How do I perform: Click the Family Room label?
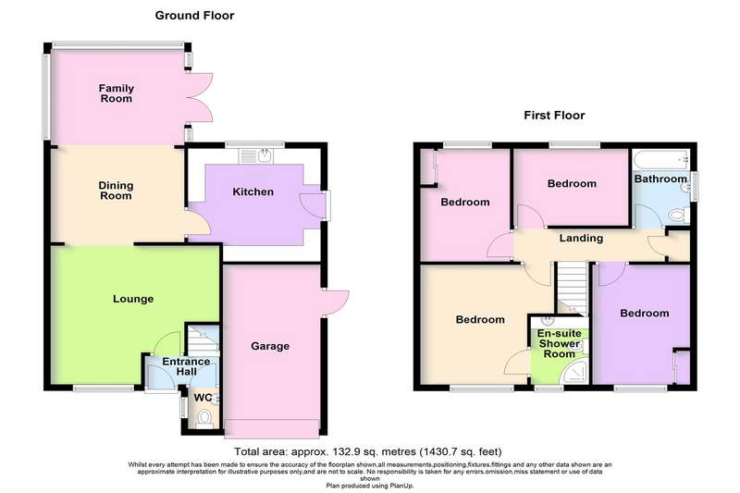pyautogui.click(x=117, y=93)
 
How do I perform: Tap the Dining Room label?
pyautogui.click(x=116, y=191)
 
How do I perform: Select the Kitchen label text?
pyautogui.click(x=253, y=191)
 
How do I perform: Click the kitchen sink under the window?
pyautogui.click(x=255, y=156)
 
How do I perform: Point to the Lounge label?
pyautogui.click(x=133, y=299)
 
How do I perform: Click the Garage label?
pyautogui.click(x=270, y=346)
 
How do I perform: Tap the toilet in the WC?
pyautogui.click(x=204, y=418)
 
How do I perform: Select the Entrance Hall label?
pyautogui.click(x=186, y=366)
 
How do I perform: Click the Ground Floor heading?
pyautogui.click(x=194, y=16)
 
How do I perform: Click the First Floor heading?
pyautogui.click(x=554, y=115)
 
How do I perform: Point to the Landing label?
pyautogui.click(x=581, y=238)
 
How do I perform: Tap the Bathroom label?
pyautogui.click(x=660, y=179)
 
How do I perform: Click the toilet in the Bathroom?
pyautogui.click(x=679, y=216)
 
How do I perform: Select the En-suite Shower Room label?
pyautogui.click(x=560, y=343)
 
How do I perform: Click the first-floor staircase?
pyautogui.click(x=572, y=289)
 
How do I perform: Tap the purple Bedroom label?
pyautogui.click(x=644, y=314)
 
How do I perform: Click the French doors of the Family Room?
pyautogui.click(x=200, y=98)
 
